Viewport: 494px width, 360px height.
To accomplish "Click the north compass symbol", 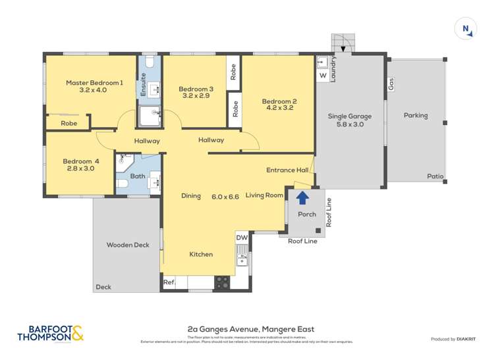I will click(x=466, y=28).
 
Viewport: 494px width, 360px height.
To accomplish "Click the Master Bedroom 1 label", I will click(x=94, y=83).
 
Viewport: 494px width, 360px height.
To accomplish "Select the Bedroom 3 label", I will click(x=196, y=90).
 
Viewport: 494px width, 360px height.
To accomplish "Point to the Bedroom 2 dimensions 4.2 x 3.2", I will click(x=279, y=109).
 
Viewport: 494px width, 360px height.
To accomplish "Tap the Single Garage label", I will click(x=350, y=116).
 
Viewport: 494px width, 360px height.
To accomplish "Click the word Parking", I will click(x=416, y=116).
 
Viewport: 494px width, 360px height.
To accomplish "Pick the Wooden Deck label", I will click(x=128, y=245).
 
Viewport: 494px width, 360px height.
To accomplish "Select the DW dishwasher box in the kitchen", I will click(x=242, y=237).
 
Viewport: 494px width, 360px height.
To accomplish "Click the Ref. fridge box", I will click(x=169, y=284).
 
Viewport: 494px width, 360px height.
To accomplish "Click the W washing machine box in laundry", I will click(x=323, y=76).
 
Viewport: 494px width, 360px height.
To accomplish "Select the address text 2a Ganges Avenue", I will click(x=250, y=330).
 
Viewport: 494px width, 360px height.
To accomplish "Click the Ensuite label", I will click(x=144, y=89).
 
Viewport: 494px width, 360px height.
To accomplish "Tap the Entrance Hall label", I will click(x=287, y=170).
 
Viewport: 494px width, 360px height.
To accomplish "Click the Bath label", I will click(x=137, y=176).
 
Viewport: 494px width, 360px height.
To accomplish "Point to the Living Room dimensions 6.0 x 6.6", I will click(x=225, y=196).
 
